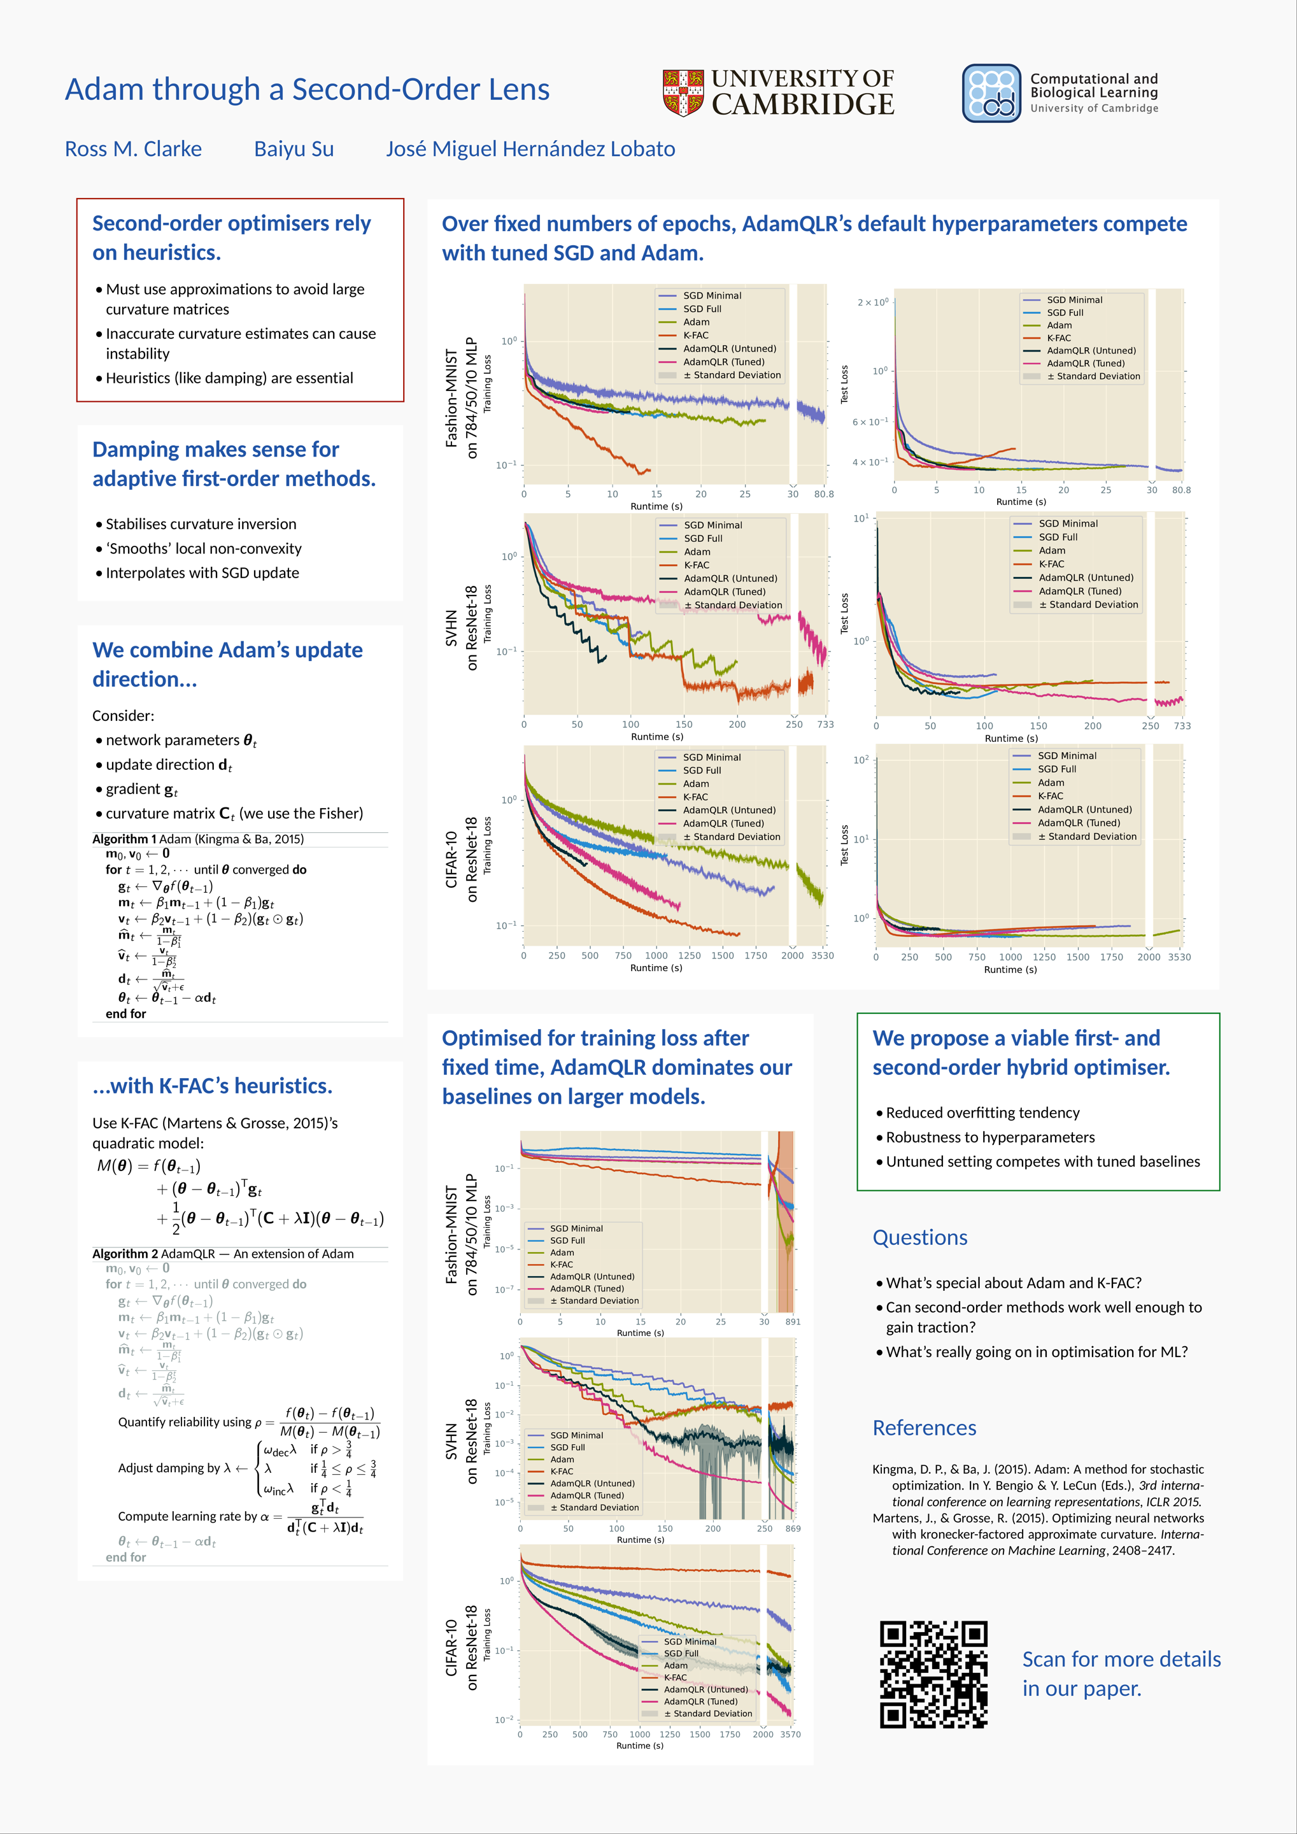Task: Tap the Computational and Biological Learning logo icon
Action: tap(991, 94)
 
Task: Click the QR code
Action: tap(933, 1674)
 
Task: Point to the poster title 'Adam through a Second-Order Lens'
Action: tap(307, 89)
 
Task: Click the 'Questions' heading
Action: tap(919, 1237)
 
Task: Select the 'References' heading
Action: tap(924, 1428)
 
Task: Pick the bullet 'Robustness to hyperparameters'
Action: tap(989, 1137)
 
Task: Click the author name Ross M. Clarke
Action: tap(133, 150)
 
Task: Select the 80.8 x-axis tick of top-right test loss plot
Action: tap(1180, 490)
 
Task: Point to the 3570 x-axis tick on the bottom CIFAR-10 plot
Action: tap(790, 1734)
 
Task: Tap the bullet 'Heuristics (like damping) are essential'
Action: tap(229, 378)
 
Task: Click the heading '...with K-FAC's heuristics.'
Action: tap(213, 1086)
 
